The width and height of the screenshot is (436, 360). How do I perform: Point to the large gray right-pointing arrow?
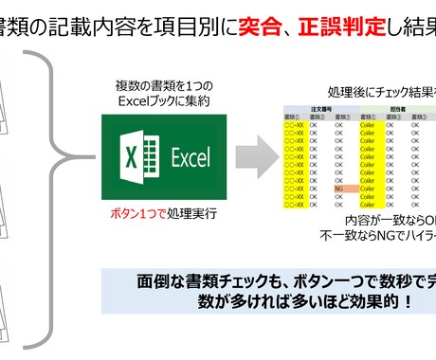(249, 152)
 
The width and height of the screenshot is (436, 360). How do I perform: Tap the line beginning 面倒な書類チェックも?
(275, 282)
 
